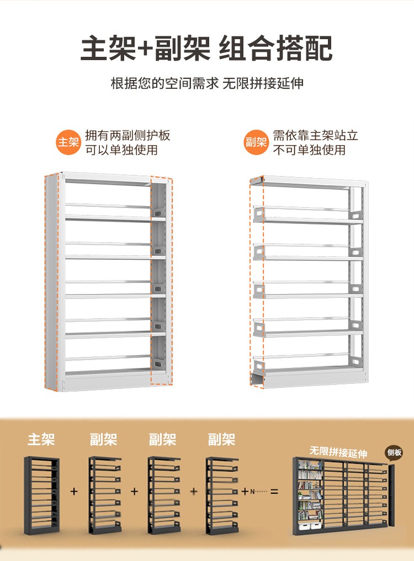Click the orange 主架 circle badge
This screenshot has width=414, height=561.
tap(68, 142)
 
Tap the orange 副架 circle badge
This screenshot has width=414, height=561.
tap(256, 142)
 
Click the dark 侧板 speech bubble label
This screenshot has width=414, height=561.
tap(394, 452)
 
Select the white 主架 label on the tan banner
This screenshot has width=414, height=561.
tap(41, 439)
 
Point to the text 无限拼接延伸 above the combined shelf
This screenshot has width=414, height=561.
tap(338, 452)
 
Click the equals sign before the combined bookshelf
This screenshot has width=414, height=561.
tap(274, 491)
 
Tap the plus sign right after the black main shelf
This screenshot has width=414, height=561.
tap(74, 491)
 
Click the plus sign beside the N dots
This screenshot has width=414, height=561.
tap(245, 491)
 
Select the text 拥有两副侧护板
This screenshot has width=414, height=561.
tap(128, 135)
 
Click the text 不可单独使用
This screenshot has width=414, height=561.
tap(309, 150)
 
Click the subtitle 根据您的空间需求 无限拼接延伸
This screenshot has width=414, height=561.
tap(207, 83)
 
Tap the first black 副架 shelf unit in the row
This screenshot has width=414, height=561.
tap(105, 495)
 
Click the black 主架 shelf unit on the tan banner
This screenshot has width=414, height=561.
tap(41, 495)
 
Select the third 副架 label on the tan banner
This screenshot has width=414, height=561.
tap(222, 439)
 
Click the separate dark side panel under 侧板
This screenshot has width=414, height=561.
tap(391, 495)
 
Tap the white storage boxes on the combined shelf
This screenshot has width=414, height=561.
tap(310, 526)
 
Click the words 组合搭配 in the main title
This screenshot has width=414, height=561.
tap(275, 49)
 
